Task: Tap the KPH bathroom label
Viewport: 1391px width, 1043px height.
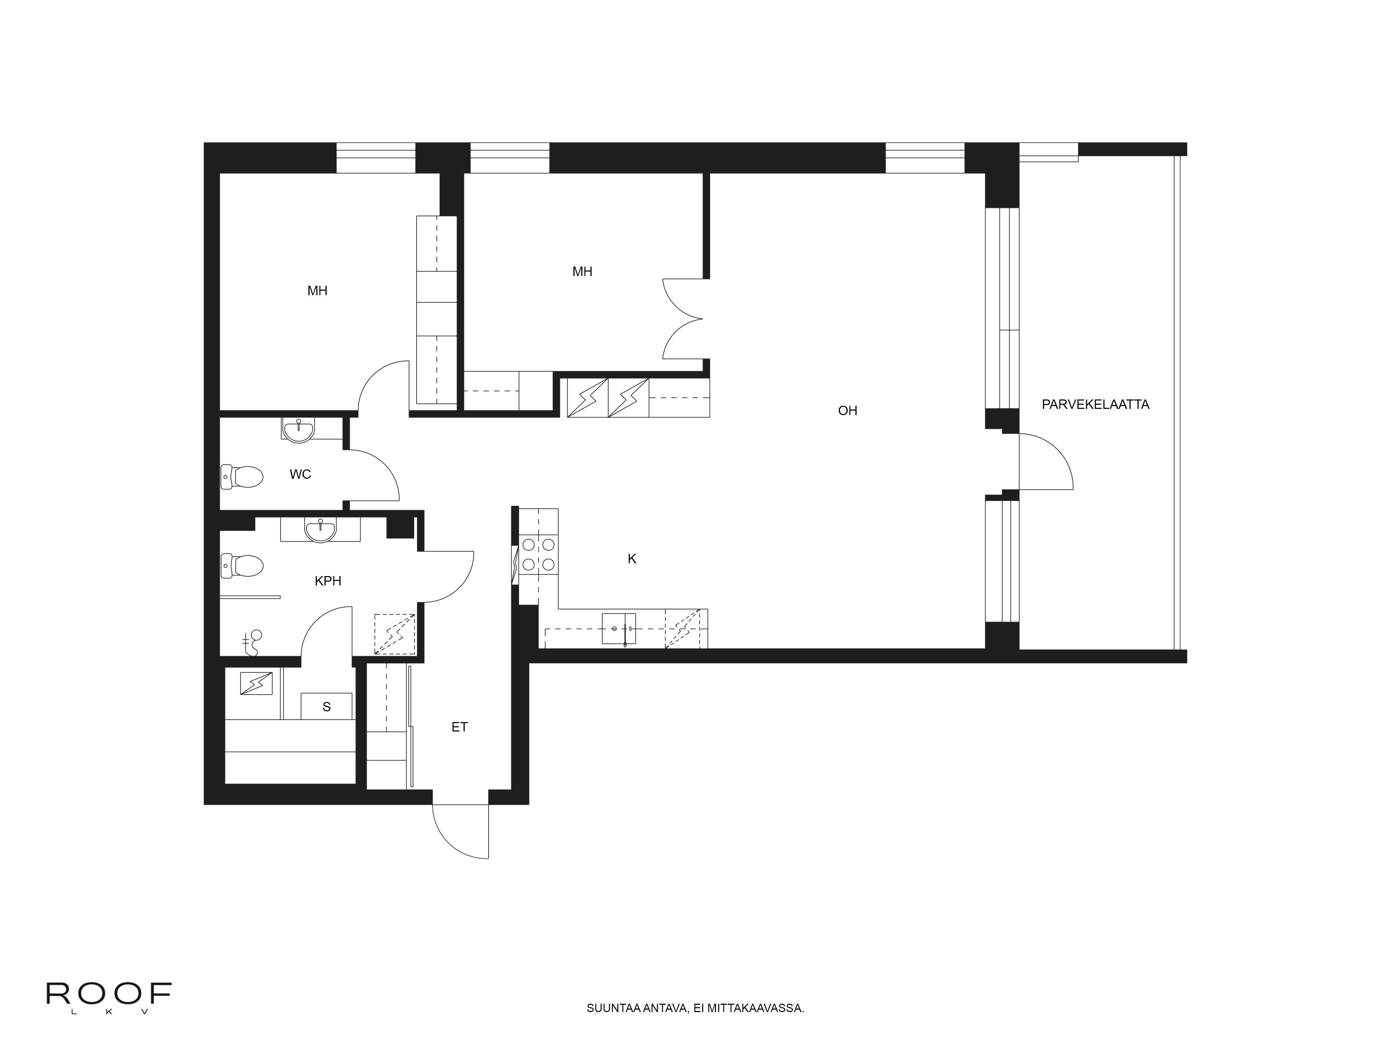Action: pyautogui.click(x=328, y=581)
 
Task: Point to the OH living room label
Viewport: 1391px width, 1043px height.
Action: pyautogui.click(x=848, y=411)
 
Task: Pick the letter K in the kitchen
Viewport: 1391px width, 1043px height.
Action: pyautogui.click(x=632, y=558)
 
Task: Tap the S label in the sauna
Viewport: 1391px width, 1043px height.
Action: pyautogui.click(x=327, y=707)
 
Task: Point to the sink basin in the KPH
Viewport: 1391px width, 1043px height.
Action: pyautogui.click(x=321, y=529)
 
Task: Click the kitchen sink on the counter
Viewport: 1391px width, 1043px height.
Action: pyautogui.click(x=619, y=629)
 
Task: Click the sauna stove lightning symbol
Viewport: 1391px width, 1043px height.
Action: pyautogui.click(x=257, y=684)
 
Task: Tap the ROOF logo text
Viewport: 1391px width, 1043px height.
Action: pyautogui.click(x=109, y=994)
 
